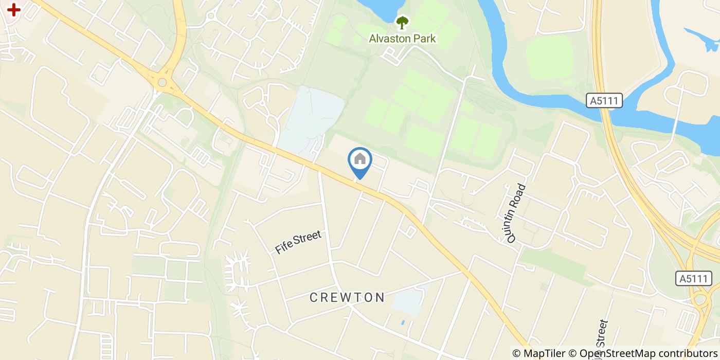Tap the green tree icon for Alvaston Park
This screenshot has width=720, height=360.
click(x=402, y=23)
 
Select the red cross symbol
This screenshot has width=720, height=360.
click(x=13, y=9)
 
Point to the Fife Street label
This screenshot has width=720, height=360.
click(x=298, y=242)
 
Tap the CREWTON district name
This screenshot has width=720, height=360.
click(x=348, y=297)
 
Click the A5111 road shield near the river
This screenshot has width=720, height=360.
click(x=604, y=101)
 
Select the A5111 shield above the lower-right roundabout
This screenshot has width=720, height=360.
click(x=694, y=279)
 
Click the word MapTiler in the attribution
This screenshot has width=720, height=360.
click(x=544, y=353)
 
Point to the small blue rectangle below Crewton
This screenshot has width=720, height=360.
click(x=402, y=322)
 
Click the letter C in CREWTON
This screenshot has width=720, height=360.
click(x=314, y=297)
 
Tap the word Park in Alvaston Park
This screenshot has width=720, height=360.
click(x=425, y=39)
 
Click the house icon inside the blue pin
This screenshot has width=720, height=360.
click(x=360, y=159)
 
